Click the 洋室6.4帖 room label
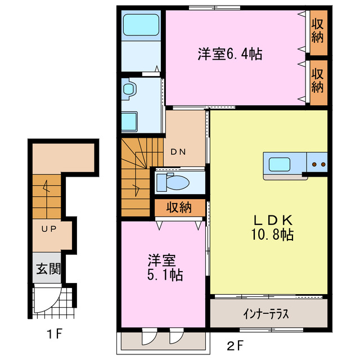pyautogui.click(x=229, y=55)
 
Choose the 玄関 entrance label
pyautogui.click(x=48, y=268)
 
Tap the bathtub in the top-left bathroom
pyautogui.click(x=142, y=25)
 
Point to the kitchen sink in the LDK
pyautogui.click(x=280, y=164)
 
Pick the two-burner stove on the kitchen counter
pyautogui.click(x=318, y=164)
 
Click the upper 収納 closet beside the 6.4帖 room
pyautogui.click(x=318, y=32)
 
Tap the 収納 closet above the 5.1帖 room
pyautogui.click(x=178, y=207)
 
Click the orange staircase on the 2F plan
pyautogui.click(x=136, y=177)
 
